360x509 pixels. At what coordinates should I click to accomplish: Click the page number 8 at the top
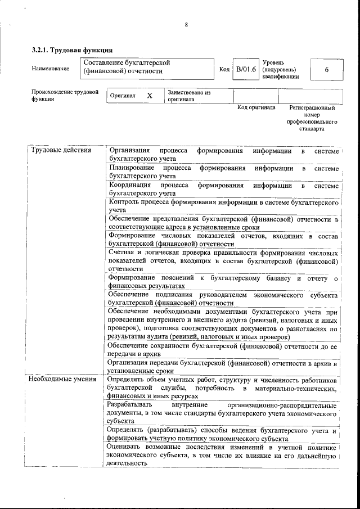[186, 24]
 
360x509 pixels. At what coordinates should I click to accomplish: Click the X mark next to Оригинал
[150, 96]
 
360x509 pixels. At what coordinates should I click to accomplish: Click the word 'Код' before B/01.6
[224, 69]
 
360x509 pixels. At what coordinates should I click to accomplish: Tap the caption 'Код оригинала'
[256, 107]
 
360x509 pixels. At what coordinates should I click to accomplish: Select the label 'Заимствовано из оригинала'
[188, 96]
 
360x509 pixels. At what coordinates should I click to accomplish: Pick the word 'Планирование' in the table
[132, 168]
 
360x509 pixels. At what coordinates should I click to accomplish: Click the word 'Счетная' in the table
[122, 252]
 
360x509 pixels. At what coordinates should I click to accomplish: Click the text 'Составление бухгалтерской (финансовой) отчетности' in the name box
[126, 67]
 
